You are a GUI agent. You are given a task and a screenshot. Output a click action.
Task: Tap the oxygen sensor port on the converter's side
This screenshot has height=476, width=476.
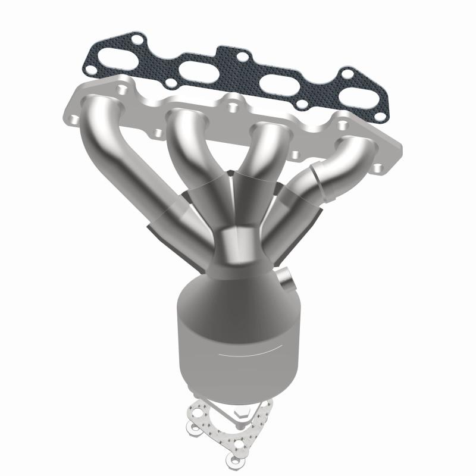click(285, 280)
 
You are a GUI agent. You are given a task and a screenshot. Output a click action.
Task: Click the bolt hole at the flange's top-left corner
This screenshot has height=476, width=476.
click(121, 90)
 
